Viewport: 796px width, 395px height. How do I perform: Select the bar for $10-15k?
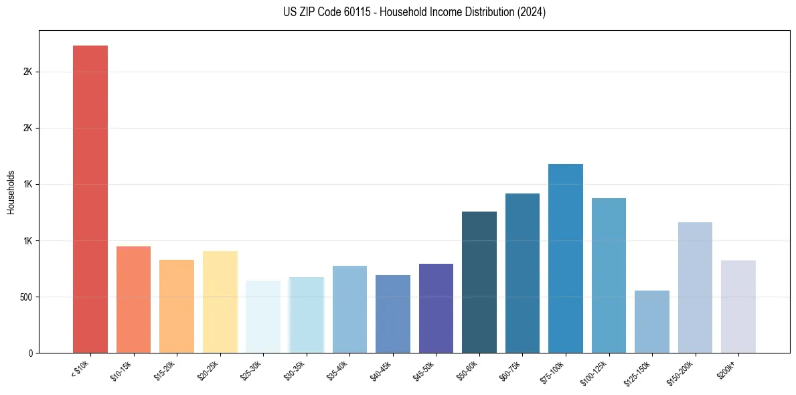[x=133, y=299]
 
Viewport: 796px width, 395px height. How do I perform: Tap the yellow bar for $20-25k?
[x=220, y=302]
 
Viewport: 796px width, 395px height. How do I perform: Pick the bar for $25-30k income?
[x=263, y=317]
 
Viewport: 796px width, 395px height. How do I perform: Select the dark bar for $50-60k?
[x=479, y=282]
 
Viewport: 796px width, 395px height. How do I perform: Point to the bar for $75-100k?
[x=566, y=258]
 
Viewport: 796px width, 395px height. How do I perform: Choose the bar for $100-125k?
[x=609, y=275]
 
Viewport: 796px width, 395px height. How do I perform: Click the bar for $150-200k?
[x=695, y=287]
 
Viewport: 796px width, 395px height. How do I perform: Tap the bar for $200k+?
[x=738, y=307]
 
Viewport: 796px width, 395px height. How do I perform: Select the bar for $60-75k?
[x=522, y=273]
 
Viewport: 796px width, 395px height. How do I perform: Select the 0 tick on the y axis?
[x=31, y=353]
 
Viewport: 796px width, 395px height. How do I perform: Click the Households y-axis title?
[x=11, y=191]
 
